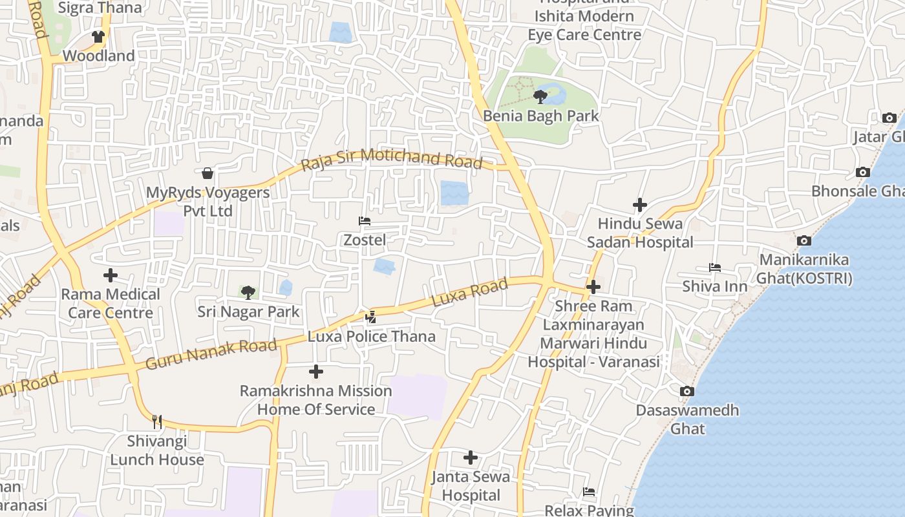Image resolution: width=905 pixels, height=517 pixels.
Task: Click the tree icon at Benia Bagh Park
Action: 540,97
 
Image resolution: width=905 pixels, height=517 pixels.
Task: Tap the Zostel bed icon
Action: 365,221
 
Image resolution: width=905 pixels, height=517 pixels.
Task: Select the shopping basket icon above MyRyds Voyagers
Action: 208,173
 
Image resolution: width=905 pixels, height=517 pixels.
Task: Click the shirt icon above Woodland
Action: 98,37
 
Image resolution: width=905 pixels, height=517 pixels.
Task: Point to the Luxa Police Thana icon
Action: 370,317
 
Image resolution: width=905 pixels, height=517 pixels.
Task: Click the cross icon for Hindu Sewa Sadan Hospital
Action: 639,205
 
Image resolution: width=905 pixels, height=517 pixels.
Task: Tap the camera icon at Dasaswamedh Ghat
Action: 687,391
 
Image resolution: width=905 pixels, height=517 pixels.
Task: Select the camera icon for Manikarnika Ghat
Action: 804,240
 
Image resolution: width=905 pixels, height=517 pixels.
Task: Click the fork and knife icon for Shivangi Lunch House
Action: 156,422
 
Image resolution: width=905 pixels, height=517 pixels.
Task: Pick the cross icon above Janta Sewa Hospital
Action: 471,458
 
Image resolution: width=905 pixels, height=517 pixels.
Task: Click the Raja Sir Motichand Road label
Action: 392,158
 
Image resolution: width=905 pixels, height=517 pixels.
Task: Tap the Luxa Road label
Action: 469,293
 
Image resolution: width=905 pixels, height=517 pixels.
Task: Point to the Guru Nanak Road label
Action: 211,355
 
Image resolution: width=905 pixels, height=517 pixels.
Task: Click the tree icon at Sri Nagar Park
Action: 248,293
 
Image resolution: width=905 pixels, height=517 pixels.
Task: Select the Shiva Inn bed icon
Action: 714,267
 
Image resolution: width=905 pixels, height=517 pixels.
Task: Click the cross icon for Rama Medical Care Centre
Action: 111,275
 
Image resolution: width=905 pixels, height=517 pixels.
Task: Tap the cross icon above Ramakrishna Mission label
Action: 316,372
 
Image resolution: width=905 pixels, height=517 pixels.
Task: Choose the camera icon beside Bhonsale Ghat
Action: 862,172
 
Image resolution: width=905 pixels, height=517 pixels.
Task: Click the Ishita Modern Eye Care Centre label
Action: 584,25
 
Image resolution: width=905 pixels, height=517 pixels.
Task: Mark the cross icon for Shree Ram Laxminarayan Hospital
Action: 593,286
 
